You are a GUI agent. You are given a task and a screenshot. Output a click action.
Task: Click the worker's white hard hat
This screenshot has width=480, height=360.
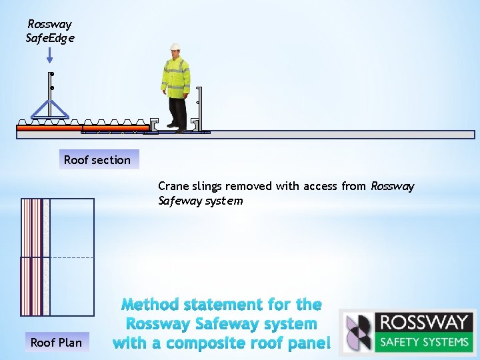[175, 47]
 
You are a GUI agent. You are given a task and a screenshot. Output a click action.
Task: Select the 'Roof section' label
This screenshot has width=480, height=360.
[97, 160]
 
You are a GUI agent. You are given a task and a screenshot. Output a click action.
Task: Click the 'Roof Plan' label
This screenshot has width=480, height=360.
[56, 343]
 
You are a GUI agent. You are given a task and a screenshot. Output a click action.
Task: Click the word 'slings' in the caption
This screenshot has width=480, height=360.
[207, 186]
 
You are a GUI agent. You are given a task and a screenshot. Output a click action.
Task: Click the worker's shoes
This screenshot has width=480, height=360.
[177, 127]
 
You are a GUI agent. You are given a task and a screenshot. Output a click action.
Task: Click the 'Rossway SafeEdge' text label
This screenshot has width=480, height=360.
[50, 31]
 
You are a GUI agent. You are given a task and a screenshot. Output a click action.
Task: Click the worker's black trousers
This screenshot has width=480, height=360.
[177, 110]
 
